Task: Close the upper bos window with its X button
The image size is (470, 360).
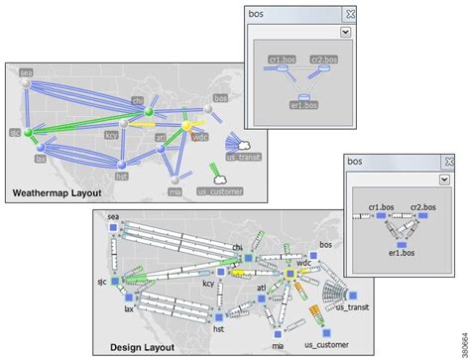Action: click(x=349, y=14)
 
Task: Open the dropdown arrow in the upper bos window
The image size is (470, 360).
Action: click(x=343, y=32)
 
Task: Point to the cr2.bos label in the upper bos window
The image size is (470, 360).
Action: click(x=323, y=60)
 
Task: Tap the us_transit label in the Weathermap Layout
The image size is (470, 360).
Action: click(x=244, y=157)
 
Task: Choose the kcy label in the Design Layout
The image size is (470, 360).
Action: click(x=209, y=284)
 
